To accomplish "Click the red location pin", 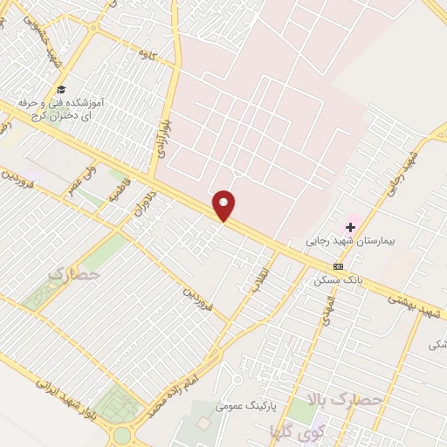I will (x=224, y=204).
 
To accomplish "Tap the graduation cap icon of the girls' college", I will (x=60, y=89).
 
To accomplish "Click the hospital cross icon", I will (x=351, y=226).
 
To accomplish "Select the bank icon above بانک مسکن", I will (x=338, y=266).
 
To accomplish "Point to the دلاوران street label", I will (x=145, y=201).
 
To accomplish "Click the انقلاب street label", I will (x=259, y=286).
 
